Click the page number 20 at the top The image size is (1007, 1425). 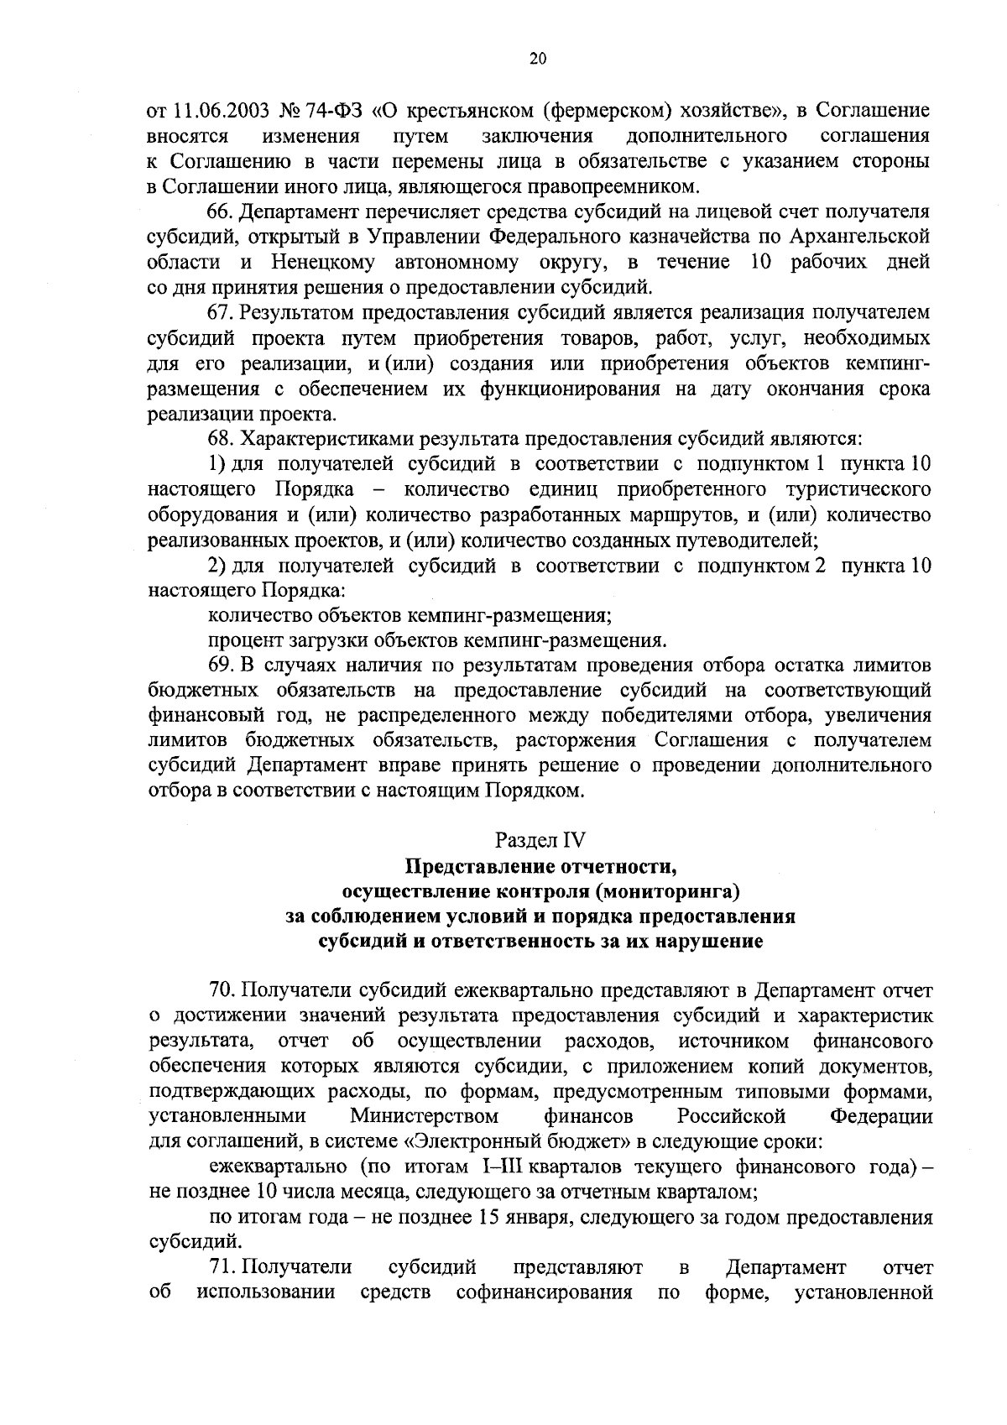click(x=538, y=59)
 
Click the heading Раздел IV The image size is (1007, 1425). click(x=540, y=840)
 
